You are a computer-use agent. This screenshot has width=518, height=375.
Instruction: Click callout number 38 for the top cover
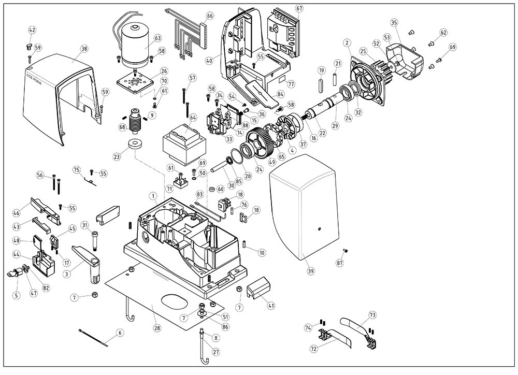coord(84,48)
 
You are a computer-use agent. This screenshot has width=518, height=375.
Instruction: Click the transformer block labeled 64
coord(180,143)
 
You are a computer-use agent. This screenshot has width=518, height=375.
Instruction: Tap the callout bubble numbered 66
coord(209,16)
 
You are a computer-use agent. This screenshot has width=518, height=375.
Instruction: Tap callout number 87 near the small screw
coord(340,264)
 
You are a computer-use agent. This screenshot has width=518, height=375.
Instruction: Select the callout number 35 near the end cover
coord(394,22)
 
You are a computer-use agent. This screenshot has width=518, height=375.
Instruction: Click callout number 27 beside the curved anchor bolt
coord(216,352)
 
